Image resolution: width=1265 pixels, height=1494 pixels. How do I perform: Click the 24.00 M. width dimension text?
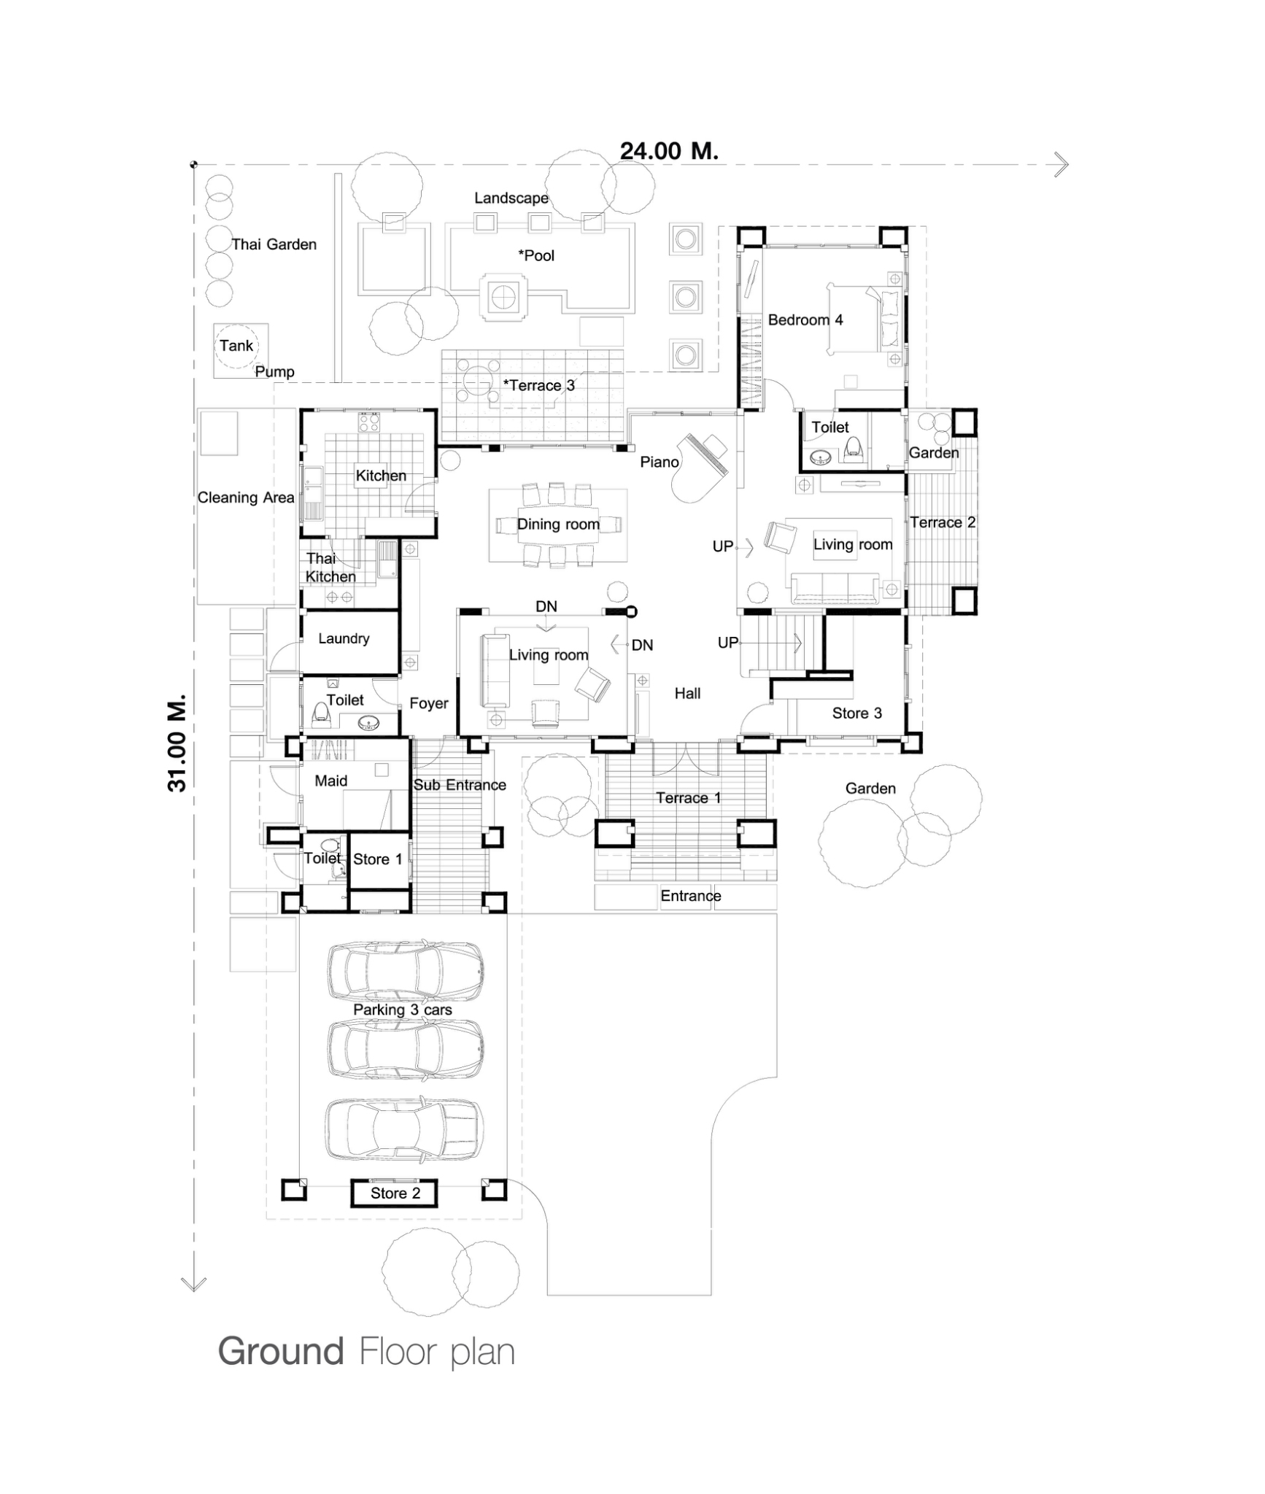click(669, 151)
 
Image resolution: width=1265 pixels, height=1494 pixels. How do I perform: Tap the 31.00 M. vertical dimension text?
click(177, 743)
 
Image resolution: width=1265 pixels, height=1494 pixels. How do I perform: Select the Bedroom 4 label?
click(805, 320)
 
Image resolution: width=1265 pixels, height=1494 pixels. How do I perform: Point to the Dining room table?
click(557, 525)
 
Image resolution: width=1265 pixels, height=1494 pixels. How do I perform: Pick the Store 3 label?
click(856, 713)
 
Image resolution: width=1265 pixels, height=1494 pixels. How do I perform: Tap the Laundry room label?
click(344, 638)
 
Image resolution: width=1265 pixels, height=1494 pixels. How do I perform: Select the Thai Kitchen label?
click(330, 568)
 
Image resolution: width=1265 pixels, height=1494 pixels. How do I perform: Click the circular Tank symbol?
click(236, 346)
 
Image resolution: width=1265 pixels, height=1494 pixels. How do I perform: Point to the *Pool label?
click(536, 255)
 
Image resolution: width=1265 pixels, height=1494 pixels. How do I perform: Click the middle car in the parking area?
click(405, 1049)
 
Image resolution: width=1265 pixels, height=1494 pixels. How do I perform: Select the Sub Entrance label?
click(460, 785)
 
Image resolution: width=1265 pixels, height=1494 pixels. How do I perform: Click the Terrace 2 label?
click(942, 522)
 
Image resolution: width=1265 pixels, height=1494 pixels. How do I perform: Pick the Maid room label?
click(330, 781)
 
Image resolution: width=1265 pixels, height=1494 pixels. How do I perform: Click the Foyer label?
click(428, 703)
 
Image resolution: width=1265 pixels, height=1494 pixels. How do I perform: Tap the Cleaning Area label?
click(246, 498)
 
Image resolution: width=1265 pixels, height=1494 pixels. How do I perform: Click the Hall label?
click(687, 693)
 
